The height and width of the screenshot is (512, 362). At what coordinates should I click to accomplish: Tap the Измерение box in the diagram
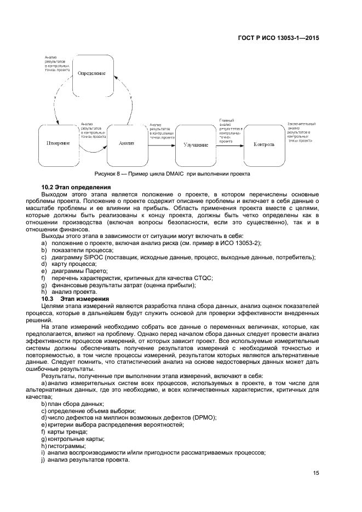[59, 143]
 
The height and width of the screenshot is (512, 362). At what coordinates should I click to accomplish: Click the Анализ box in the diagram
[127, 143]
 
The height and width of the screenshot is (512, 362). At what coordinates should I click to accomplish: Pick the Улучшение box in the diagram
[196, 145]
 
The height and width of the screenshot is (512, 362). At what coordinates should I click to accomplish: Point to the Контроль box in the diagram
[264, 145]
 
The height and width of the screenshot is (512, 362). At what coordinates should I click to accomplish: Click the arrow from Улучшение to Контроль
[230, 145]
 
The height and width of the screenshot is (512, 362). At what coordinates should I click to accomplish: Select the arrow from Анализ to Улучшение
[162, 145]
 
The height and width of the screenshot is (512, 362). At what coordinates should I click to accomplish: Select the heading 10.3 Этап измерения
[76, 299]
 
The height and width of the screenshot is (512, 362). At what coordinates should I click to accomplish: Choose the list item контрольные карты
[68, 439]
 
